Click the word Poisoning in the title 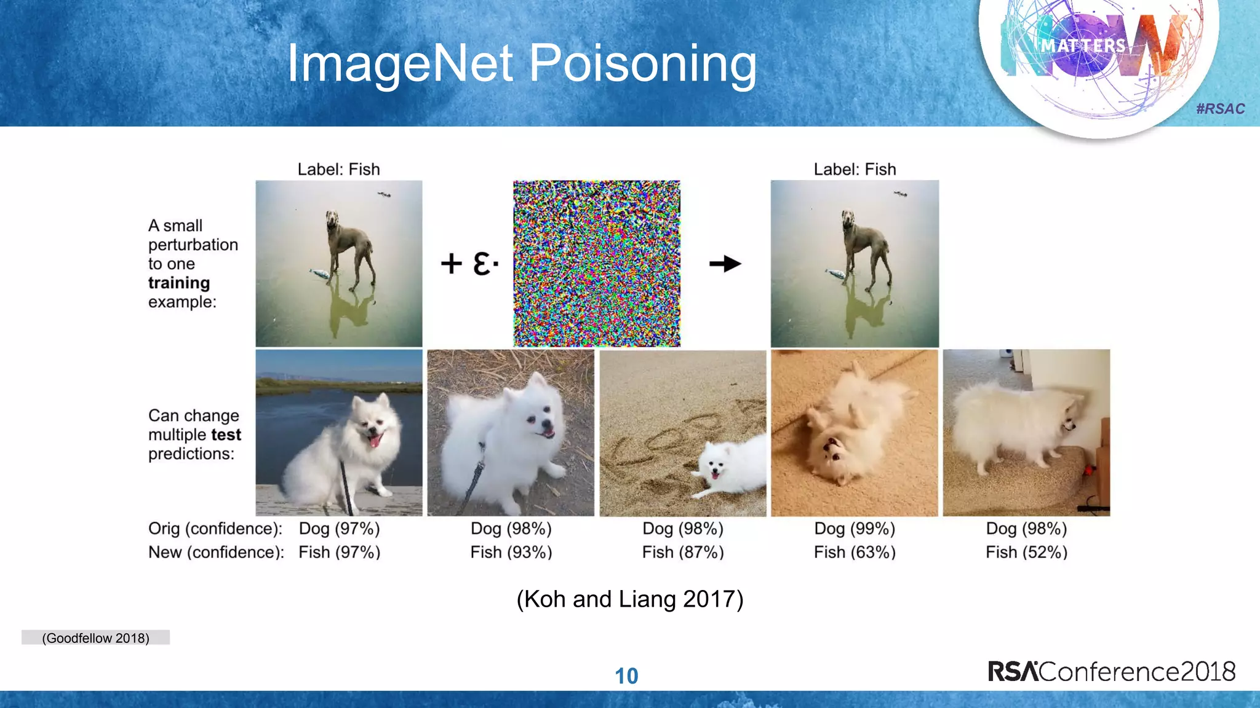click(642, 63)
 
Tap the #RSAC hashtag click(1221, 109)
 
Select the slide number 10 click(626, 676)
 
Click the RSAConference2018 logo click(1111, 671)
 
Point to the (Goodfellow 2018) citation click(95, 638)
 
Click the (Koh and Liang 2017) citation click(629, 599)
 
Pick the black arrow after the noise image click(725, 264)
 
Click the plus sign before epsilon click(451, 264)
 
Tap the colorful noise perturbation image click(597, 264)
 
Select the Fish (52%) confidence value click(1026, 552)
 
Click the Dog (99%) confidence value click(855, 529)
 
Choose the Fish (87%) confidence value click(683, 552)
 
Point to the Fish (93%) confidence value click(511, 552)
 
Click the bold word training click(179, 283)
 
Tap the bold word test click(226, 435)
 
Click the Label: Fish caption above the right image click(855, 169)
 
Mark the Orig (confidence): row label click(215, 529)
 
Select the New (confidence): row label click(216, 552)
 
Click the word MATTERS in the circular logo click(1083, 45)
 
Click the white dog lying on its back click(849, 430)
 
